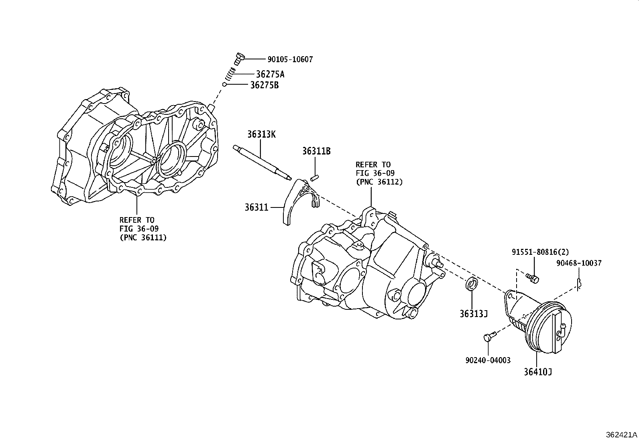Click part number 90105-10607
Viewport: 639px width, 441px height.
point(290,59)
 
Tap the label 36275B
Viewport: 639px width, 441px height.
point(264,85)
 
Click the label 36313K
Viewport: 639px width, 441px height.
point(261,134)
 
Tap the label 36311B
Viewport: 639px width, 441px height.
point(316,151)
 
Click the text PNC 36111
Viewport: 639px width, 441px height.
point(143,238)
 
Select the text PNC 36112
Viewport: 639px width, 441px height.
point(379,182)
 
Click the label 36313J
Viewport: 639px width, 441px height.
point(474,314)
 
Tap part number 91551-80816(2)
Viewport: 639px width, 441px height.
point(540,252)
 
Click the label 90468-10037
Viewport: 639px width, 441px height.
point(579,263)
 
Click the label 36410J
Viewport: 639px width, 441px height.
point(537,372)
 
